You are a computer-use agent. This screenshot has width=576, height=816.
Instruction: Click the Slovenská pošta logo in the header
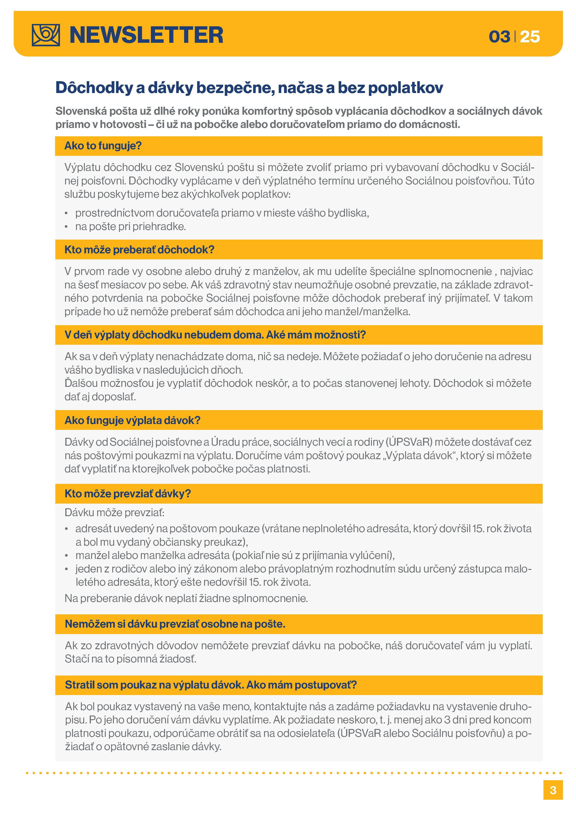[46, 35]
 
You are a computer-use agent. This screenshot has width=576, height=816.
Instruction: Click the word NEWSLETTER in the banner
[146, 35]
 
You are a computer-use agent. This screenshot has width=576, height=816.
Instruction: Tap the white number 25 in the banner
[530, 37]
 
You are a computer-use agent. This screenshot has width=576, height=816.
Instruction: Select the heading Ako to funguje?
[103, 146]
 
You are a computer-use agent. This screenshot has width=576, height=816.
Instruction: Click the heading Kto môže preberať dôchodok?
[139, 250]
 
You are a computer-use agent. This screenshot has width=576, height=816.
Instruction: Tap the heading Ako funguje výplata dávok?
[132, 420]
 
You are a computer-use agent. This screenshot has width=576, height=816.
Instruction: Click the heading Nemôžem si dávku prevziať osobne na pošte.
[175, 624]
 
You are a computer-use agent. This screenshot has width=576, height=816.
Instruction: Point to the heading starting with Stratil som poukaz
[211, 685]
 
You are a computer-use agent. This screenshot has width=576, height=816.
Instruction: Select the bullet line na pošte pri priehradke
[131, 226]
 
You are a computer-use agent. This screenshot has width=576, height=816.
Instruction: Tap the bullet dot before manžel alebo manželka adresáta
[66, 555]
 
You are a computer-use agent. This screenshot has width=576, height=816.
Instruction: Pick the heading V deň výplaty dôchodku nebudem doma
[215, 335]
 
